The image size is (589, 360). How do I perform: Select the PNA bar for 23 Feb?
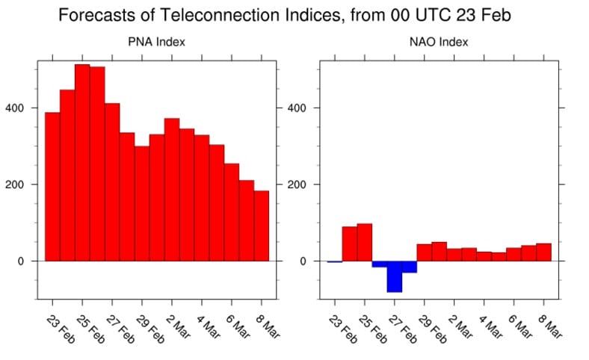tap(52, 187)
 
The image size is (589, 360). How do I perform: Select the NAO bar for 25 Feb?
tap(364, 242)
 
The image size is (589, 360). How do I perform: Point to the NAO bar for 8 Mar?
tap(543, 252)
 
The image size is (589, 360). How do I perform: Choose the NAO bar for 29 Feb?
tap(424, 252)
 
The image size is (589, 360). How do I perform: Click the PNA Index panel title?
tap(157, 43)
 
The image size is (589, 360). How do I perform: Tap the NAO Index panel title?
tap(439, 43)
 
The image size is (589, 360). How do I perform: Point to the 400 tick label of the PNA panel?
tap(15, 108)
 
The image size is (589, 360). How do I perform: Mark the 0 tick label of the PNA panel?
tap(20, 261)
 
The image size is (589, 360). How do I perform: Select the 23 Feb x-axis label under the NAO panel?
tap(342, 327)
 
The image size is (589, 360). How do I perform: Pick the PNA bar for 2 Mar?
tap(172, 190)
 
